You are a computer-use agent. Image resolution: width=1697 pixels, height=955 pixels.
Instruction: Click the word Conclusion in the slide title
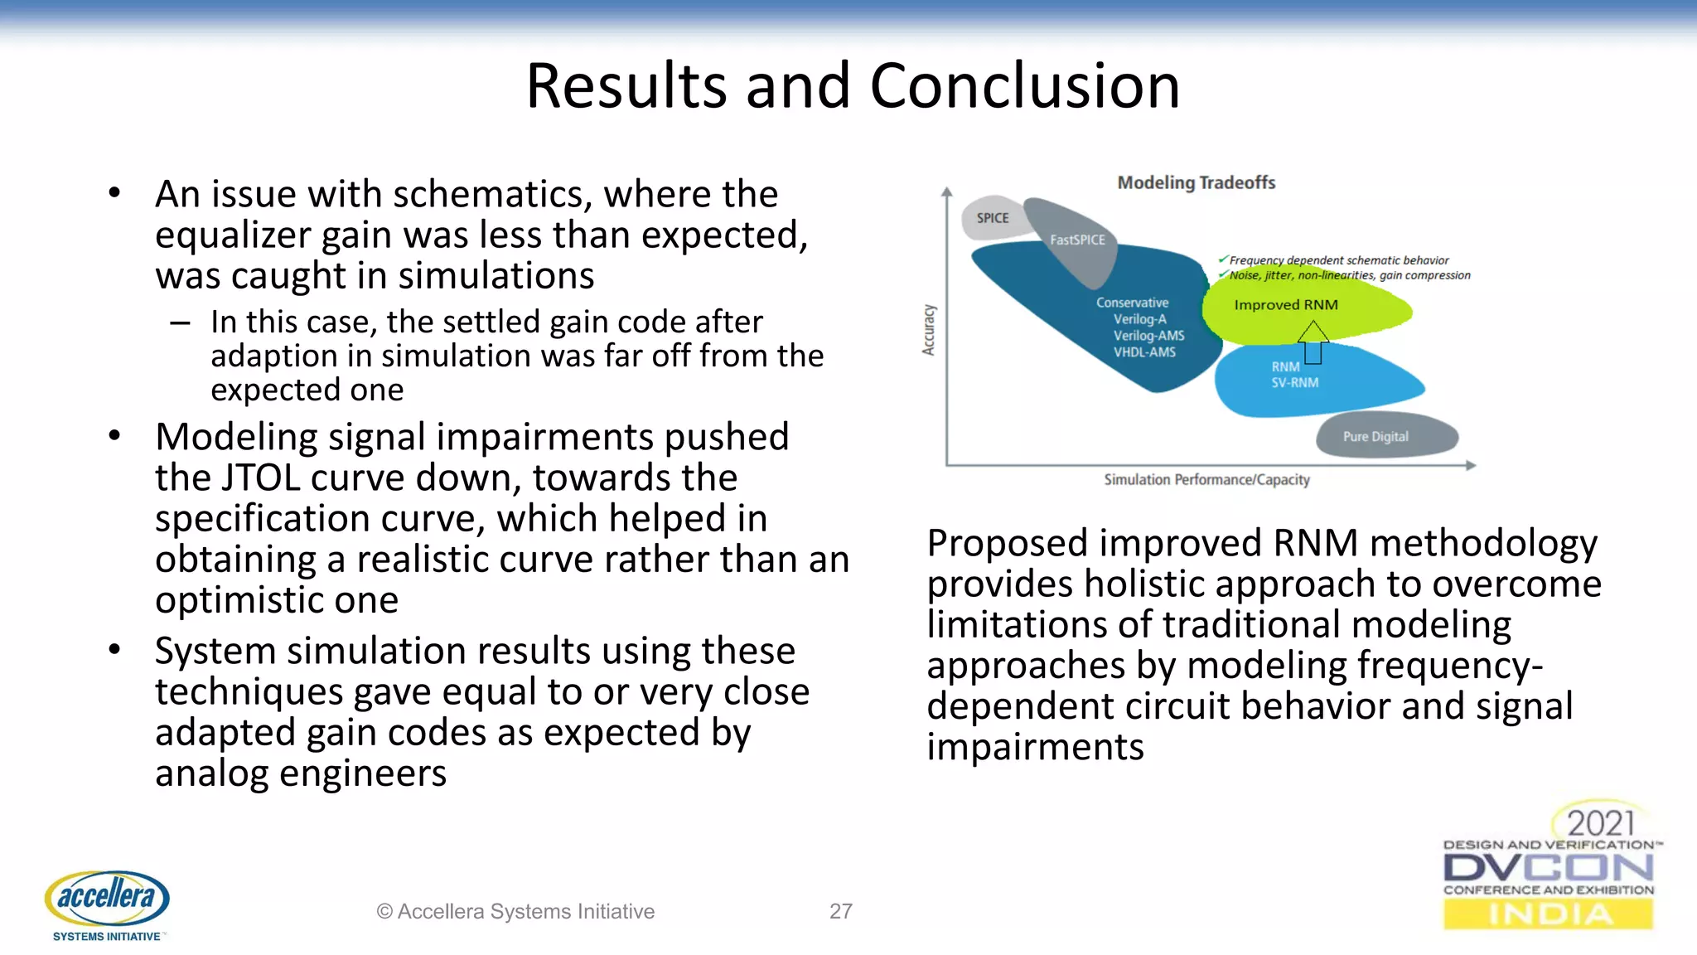click(1024, 86)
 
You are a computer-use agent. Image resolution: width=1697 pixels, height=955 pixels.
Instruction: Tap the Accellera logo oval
click(107, 897)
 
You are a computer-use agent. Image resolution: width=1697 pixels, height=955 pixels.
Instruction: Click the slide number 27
click(840, 911)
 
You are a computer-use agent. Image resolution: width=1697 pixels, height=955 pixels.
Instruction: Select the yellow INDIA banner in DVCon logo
click(1548, 914)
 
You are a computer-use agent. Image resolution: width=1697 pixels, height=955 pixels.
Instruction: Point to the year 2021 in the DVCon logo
click(1600, 823)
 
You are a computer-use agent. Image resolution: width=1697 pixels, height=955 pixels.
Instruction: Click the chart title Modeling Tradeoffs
click(1196, 182)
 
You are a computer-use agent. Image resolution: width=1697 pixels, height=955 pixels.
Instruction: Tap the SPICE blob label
click(992, 218)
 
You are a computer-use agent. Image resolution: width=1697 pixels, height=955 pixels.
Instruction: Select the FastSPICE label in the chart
click(1077, 240)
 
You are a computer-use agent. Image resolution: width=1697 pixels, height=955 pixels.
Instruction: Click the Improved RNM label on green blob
click(1285, 305)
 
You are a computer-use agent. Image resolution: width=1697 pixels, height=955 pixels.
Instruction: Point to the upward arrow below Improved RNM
click(1313, 342)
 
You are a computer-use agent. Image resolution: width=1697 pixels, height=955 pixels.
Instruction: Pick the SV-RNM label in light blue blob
click(1294, 383)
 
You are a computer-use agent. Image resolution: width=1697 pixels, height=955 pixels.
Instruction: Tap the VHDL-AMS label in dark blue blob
click(1144, 352)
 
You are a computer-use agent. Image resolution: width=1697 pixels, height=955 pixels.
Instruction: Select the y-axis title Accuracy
click(929, 330)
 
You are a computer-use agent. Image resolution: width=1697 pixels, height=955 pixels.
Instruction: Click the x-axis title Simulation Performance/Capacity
click(1206, 480)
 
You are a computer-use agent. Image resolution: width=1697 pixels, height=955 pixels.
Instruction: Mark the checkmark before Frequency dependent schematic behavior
click(1223, 259)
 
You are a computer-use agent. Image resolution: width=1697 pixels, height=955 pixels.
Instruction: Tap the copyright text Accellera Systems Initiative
click(515, 911)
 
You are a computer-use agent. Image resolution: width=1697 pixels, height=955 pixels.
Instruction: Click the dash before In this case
click(180, 322)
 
